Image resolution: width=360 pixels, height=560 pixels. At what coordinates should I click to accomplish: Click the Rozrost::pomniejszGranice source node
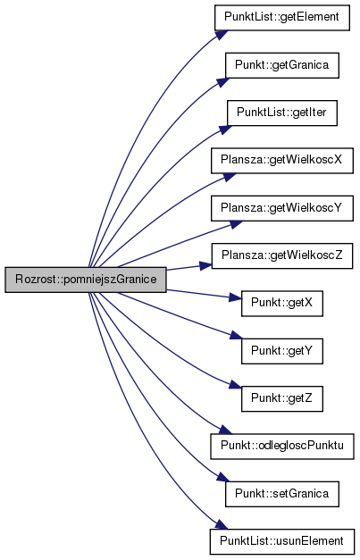[x=86, y=280]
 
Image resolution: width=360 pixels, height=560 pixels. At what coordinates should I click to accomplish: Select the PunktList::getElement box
[x=281, y=18]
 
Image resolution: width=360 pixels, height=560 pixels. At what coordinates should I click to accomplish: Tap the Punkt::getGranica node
[x=281, y=65]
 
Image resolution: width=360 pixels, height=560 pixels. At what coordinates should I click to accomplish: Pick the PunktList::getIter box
[x=281, y=113]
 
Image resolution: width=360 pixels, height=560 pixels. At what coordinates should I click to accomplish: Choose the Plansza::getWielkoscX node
[x=281, y=161]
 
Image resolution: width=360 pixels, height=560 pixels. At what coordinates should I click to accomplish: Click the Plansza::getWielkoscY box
[x=281, y=208]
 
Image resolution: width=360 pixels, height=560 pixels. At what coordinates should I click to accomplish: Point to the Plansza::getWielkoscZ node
[x=281, y=255]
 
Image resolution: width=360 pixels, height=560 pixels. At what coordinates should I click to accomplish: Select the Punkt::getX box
[x=281, y=303]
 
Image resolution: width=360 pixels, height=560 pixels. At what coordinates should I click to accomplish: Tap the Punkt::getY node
[x=281, y=351]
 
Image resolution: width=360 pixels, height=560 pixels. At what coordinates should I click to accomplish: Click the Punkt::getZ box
[x=281, y=398]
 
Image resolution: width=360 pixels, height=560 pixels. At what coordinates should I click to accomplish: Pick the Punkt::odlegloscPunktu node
[x=281, y=446]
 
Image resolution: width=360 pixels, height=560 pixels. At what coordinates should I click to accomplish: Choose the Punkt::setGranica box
[x=281, y=494]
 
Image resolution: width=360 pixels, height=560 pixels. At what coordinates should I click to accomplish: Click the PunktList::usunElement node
[x=281, y=541]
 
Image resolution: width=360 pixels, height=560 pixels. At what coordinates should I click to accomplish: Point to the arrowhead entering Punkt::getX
[x=235, y=297]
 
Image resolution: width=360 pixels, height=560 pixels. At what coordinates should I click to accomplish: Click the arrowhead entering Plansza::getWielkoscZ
[x=205, y=265]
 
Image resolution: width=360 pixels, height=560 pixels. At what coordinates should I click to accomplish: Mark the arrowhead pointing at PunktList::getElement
[x=222, y=35]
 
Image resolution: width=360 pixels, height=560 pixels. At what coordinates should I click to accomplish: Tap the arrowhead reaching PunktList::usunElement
[x=222, y=524]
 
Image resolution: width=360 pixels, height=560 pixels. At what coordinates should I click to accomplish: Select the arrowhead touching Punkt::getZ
[x=235, y=385]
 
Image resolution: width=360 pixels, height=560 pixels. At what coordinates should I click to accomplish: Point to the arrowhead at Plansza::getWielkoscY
[x=236, y=224]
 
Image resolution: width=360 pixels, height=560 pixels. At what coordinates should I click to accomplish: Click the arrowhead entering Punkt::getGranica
[x=223, y=82]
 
